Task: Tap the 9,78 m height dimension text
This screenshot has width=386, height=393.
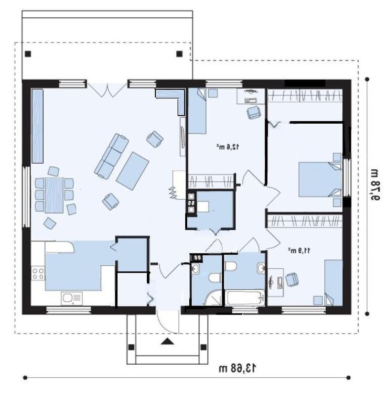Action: coord(374,185)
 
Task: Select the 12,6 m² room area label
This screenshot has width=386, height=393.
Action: coord(228,147)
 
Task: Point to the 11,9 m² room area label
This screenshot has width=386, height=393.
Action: coord(299,250)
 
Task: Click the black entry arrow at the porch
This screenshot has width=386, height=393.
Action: coord(167,341)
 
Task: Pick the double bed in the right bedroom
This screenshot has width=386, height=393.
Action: coord(320,179)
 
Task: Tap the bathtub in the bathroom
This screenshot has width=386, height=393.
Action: coord(245,298)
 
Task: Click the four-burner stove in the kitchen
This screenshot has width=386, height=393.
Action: coord(38,273)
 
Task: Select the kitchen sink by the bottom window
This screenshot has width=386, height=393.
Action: coord(72,299)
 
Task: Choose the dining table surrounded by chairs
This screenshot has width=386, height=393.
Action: coord(54,195)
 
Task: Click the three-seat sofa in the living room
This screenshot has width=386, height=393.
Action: coord(112,156)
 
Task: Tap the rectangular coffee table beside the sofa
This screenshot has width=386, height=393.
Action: coord(133,171)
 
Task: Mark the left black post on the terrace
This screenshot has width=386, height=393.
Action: coord(28,53)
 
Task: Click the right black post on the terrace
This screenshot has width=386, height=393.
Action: coord(179,53)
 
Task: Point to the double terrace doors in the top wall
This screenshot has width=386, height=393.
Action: coord(108,90)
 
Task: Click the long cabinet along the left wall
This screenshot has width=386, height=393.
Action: coord(37,126)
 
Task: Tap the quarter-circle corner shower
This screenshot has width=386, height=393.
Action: coord(213,298)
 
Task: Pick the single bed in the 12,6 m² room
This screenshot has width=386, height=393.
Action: coord(197,111)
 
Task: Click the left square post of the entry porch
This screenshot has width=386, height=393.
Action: coord(131,347)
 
